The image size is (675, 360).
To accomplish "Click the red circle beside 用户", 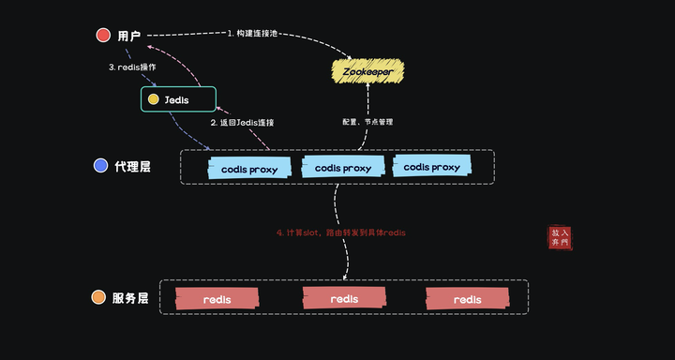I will [x=103, y=36].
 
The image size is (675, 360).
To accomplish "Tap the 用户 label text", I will [x=129, y=37].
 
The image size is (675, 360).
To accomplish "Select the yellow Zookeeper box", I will [x=368, y=71].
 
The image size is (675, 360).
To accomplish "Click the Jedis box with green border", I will [x=178, y=99].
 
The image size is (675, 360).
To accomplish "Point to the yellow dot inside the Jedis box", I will [x=153, y=99].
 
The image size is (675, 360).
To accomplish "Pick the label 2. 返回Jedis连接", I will [x=242, y=123].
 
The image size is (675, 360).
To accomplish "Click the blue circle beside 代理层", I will [x=101, y=166].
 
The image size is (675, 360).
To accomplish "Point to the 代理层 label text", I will [x=132, y=167].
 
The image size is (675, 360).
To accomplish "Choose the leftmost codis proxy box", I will [x=248, y=169].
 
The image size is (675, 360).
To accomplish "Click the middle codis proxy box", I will [x=342, y=168].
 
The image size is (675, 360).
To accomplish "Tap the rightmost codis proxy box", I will [x=431, y=167].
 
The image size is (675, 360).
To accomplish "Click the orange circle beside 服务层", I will [x=98, y=298].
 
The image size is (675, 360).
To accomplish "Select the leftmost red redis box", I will [x=217, y=299].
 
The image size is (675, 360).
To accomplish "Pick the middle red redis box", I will [x=344, y=298].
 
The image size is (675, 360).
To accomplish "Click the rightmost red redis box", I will [x=467, y=299].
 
